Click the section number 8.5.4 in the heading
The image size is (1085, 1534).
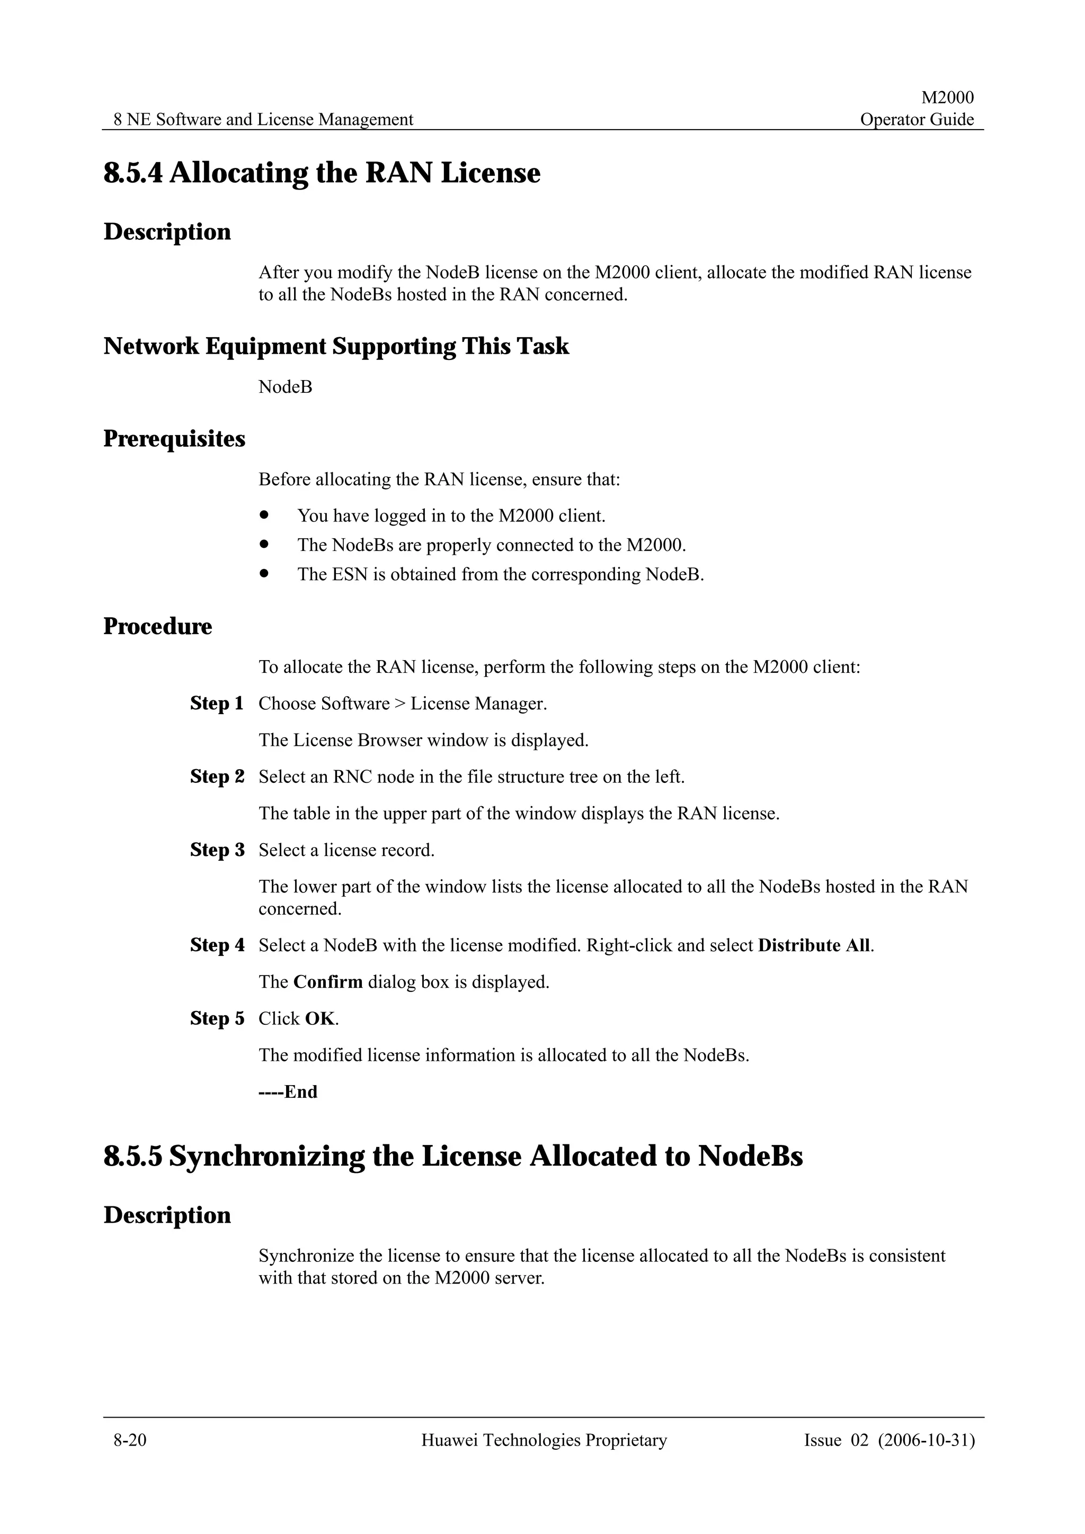coord(133,173)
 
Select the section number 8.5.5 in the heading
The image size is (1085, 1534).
coord(133,1157)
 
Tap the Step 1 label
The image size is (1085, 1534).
coord(217,703)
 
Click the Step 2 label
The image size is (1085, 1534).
coord(217,777)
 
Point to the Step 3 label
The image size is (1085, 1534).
coord(217,850)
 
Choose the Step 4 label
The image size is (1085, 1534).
coord(217,945)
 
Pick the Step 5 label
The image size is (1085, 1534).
coord(217,1018)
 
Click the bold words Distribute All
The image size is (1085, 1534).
coord(814,945)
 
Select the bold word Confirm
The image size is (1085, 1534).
coord(327,982)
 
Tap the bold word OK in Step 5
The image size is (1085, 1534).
coord(319,1018)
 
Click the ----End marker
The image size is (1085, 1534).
coord(288,1091)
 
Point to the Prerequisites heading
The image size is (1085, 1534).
coord(174,439)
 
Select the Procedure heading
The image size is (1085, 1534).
coord(158,627)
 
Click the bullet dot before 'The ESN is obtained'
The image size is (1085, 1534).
coord(265,573)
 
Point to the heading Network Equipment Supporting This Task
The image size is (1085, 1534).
coord(336,346)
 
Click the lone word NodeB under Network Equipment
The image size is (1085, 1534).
coord(286,387)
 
